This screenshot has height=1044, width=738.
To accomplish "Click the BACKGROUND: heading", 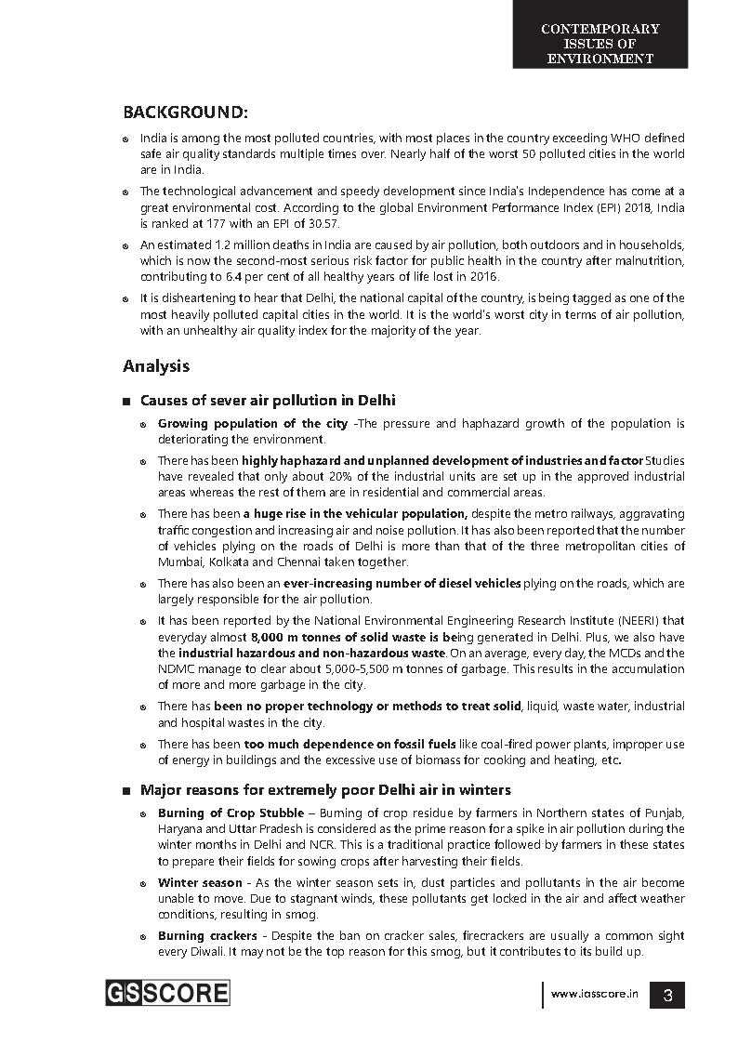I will point(185,112).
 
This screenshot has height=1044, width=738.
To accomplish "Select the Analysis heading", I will point(156,365).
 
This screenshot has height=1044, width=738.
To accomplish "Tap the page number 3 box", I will point(667,996).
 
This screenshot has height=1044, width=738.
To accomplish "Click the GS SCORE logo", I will point(166,993).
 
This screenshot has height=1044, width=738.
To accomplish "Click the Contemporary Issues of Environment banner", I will point(600,43).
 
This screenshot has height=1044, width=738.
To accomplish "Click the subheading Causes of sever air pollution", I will point(268,401).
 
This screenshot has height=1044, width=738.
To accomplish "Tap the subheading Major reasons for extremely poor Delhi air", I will point(325,790).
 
